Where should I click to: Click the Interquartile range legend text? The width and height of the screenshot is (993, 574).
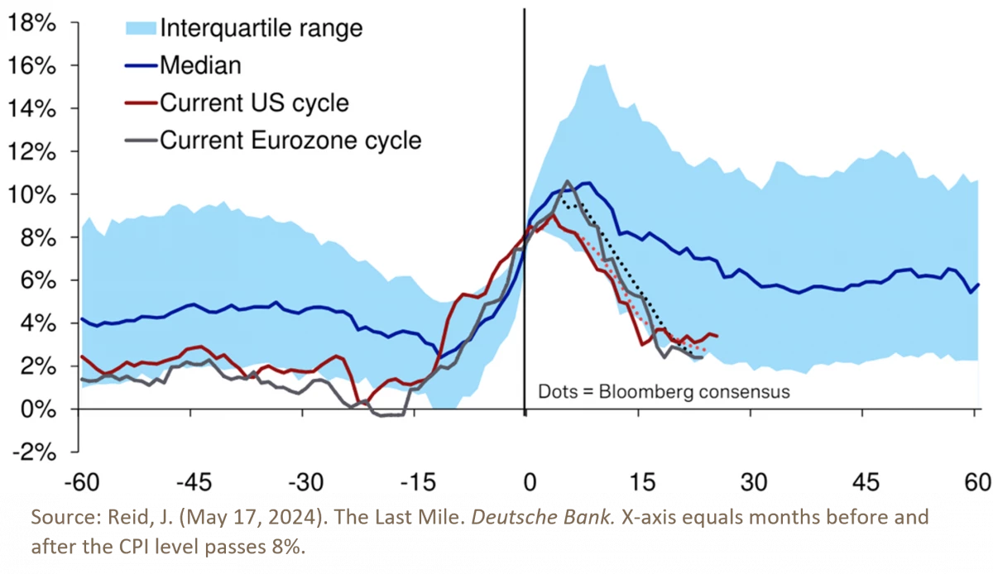point(261,27)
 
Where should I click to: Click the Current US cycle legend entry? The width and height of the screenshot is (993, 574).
point(254,103)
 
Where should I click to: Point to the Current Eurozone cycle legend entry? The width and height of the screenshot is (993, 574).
point(290,140)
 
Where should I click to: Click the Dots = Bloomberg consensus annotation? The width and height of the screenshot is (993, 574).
point(664,390)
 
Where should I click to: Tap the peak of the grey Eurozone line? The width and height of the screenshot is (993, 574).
point(567,181)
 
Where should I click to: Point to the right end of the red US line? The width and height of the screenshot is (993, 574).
point(717,336)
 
